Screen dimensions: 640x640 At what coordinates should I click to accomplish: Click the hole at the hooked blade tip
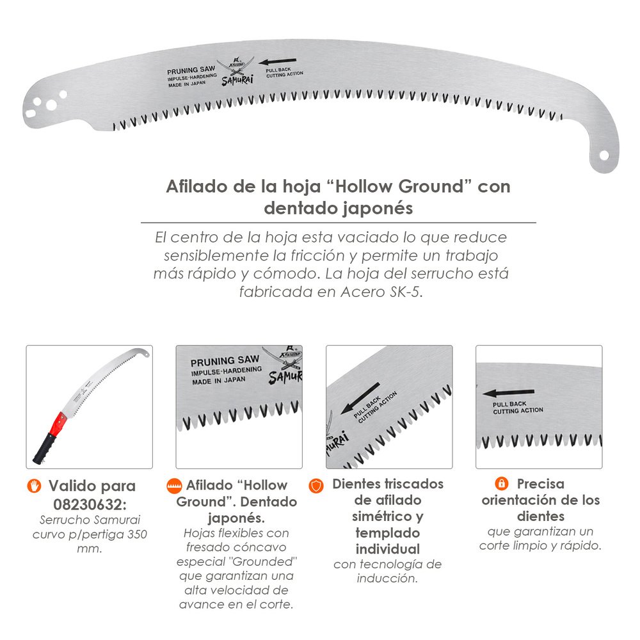[604, 156]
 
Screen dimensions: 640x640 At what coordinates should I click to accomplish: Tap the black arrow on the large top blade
[278, 61]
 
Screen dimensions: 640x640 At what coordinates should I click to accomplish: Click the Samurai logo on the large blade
[237, 72]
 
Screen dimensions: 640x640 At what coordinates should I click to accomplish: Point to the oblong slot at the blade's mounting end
[31, 113]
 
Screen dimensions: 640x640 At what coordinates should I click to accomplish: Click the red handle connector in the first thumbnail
[57, 424]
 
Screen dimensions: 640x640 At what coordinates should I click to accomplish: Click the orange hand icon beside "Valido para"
[35, 486]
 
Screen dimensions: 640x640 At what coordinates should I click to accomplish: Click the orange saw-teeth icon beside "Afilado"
[174, 486]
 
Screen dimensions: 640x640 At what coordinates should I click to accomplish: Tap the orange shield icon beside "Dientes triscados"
[316, 486]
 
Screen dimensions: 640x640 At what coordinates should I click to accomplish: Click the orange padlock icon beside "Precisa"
[501, 484]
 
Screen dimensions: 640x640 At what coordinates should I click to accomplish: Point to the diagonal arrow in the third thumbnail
[360, 398]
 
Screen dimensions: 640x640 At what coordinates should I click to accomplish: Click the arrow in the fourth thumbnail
[508, 393]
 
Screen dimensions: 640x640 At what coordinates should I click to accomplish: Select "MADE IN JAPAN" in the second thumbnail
[219, 380]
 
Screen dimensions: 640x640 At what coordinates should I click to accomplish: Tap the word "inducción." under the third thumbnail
[387, 579]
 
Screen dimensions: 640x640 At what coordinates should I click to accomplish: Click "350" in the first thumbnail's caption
[137, 534]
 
